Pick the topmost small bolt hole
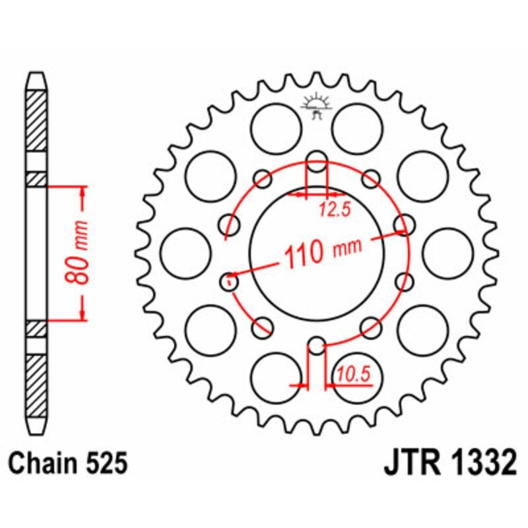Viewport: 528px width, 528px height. coord(317,158)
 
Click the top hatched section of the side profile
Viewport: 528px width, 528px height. coord(36,119)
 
